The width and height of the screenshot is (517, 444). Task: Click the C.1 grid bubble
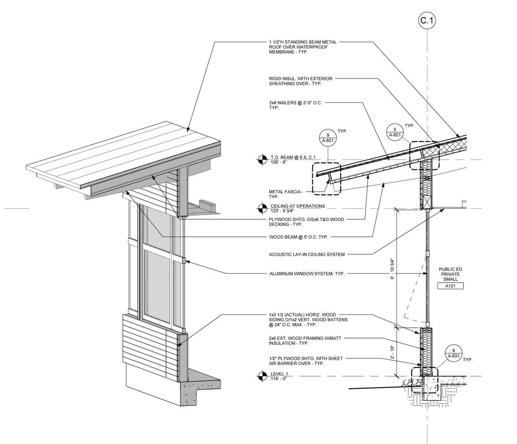pyautogui.click(x=427, y=21)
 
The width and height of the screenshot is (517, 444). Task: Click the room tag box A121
pyautogui.click(x=450, y=285)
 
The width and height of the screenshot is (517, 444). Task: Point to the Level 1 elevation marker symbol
pyautogui.click(x=262, y=376)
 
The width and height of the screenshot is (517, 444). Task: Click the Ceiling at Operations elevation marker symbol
pyautogui.click(x=262, y=208)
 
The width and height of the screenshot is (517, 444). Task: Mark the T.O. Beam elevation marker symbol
pyautogui.click(x=262, y=159)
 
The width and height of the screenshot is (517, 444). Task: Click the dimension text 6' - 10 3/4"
pyautogui.click(x=393, y=268)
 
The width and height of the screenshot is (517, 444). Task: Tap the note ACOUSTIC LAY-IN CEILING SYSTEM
pyautogui.click(x=307, y=254)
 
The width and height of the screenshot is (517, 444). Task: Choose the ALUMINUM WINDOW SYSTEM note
pyautogui.click(x=307, y=274)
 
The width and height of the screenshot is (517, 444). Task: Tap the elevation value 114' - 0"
pyautogui.click(x=278, y=379)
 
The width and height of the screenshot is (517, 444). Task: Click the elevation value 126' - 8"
pyautogui.click(x=279, y=162)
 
